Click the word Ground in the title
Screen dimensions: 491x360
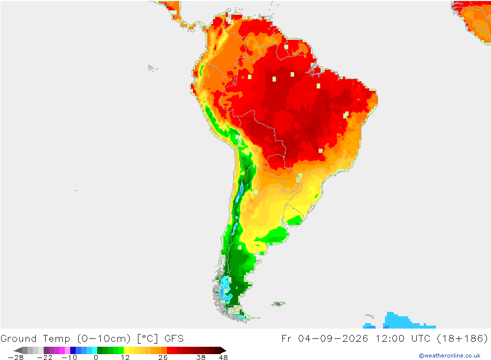point(19,339)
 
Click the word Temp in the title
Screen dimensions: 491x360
point(56,339)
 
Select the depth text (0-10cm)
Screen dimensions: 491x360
point(104,339)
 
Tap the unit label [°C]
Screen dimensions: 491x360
point(147,339)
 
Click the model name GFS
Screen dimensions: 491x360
point(174,339)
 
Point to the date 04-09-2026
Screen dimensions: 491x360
point(333,339)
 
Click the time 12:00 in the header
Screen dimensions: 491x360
point(390,339)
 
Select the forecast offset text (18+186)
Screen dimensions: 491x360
point(462,339)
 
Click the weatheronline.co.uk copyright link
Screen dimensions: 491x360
point(450,356)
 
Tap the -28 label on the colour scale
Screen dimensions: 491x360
point(16,358)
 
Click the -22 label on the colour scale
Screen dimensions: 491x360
point(45,358)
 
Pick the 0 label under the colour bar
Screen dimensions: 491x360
point(96,358)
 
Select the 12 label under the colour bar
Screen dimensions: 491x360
point(125,358)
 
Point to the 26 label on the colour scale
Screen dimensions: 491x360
point(163,358)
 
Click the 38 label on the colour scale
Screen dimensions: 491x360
point(201,358)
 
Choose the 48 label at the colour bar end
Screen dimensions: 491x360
point(223,358)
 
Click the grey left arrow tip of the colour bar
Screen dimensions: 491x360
point(14,350)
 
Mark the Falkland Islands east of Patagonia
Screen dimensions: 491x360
point(278,304)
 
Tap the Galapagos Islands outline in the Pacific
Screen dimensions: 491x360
point(152,68)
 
